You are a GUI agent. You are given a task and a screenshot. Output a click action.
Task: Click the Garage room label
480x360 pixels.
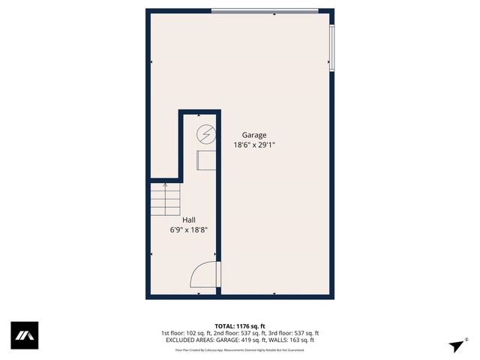coord(253,135)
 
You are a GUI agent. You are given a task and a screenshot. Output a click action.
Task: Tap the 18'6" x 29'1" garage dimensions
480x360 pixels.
coord(253,145)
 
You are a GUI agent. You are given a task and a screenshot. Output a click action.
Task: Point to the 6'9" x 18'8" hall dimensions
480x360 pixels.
coord(188,230)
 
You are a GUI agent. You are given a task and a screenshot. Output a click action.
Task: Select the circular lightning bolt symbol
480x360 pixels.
coord(205,135)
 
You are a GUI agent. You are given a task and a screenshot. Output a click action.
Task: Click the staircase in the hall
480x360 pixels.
coord(165,199)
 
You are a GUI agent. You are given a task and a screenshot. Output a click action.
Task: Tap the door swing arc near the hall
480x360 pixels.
coord(202,274)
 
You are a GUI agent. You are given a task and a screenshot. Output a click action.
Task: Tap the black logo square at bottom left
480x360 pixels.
coord(24,335)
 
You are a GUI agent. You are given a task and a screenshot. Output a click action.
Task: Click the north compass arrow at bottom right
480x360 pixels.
coord(457,345)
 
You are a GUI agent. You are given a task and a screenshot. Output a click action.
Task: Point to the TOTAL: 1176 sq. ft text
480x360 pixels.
coord(240,325)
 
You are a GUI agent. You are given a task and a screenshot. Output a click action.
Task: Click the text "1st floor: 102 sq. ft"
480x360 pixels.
coord(184,333)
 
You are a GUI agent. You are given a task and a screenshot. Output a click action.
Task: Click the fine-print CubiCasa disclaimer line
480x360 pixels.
coord(240,349)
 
